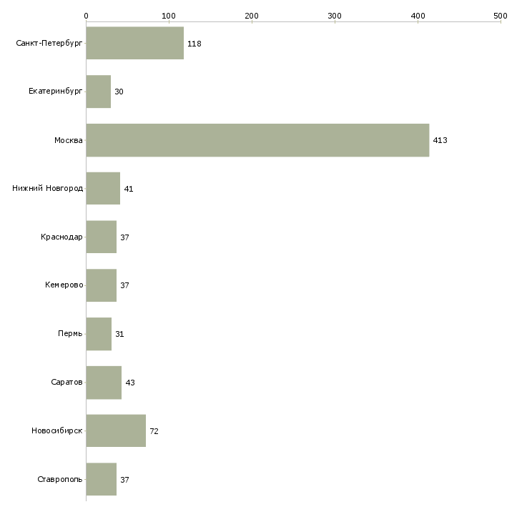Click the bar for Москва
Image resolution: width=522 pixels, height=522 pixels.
tap(257, 140)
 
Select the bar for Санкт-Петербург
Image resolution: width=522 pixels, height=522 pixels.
tap(134, 44)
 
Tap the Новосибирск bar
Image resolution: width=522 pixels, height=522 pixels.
tap(116, 430)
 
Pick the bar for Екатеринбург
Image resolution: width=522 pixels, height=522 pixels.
tap(98, 92)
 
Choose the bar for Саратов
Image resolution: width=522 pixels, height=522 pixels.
tap(104, 383)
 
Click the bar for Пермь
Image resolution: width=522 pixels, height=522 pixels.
tap(99, 334)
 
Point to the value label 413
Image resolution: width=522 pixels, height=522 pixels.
tap(440, 141)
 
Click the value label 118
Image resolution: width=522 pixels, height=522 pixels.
tap(194, 44)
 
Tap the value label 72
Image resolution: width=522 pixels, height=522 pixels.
tap(154, 431)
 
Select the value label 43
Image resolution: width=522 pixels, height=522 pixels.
tap(129, 383)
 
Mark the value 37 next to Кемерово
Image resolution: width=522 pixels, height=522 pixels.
tap(124, 286)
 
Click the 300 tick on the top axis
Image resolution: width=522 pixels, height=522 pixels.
tap(335, 15)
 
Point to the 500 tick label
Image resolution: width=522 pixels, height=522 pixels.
tap(500, 15)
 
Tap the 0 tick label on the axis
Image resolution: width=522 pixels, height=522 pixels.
tap(86, 15)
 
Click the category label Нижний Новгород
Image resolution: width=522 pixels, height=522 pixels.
tap(47, 189)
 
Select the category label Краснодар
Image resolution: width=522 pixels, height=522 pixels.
tap(61, 237)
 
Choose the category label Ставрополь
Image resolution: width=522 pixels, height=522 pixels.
tap(59, 479)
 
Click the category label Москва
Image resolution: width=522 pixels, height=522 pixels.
tap(69, 141)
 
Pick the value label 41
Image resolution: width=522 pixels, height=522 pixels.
tap(129, 189)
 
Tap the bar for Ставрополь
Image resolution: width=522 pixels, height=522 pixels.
tap(101, 479)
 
